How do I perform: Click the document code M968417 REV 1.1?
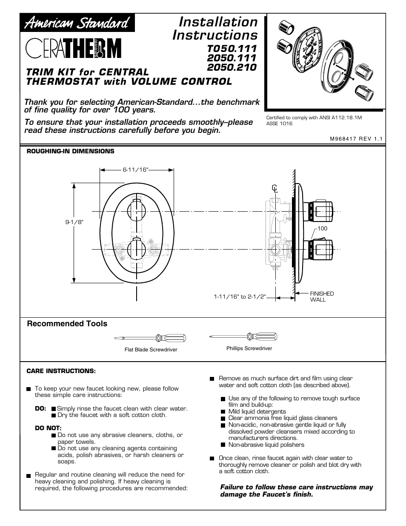pyautogui.click(x=357, y=138)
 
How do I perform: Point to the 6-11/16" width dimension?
pyautogui.click(x=135, y=170)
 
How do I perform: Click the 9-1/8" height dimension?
pyautogui.click(x=74, y=222)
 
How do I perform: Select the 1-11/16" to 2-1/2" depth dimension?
pyautogui.click(x=240, y=297)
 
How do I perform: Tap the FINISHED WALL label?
pyautogui.click(x=322, y=296)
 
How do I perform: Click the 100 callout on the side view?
pyautogui.click(x=322, y=229)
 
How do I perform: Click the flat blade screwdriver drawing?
pyautogui.click(x=150, y=338)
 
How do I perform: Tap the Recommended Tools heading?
pyautogui.click(x=67, y=324)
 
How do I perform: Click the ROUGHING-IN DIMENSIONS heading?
pyautogui.click(x=71, y=151)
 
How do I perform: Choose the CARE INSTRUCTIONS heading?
pyautogui.click(x=61, y=371)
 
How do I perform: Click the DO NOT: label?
pyautogui.click(x=48, y=428)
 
